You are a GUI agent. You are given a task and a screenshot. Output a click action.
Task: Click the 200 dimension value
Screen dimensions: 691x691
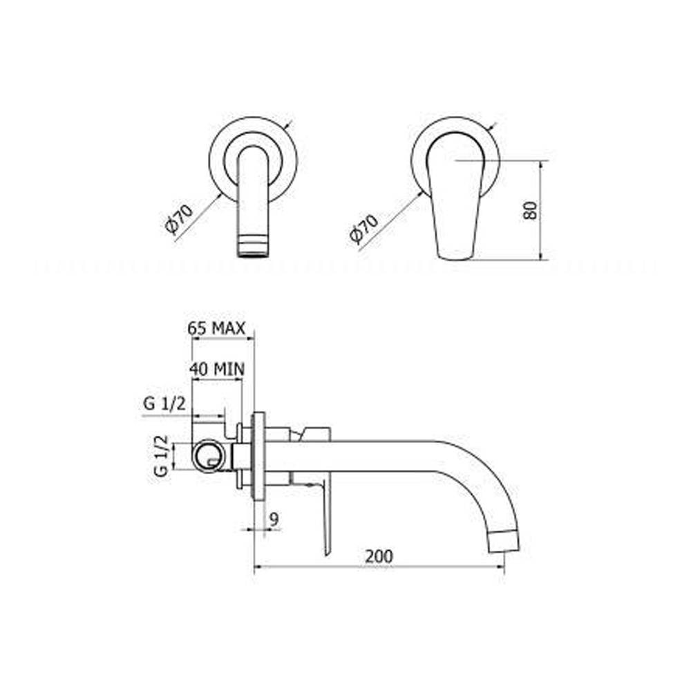coord(379,556)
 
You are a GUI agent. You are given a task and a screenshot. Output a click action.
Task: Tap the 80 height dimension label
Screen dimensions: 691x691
coord(530,211)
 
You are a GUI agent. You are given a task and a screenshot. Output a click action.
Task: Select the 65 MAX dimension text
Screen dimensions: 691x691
coord(216,328)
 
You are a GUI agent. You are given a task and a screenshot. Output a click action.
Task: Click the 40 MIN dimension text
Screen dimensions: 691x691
coord(217,369)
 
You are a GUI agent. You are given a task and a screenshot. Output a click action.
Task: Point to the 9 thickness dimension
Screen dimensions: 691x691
coord(274,520)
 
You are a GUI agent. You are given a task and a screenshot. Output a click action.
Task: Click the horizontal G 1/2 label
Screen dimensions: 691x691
coord(165,404)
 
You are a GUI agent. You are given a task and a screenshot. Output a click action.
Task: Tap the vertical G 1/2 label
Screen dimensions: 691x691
coord(161,455)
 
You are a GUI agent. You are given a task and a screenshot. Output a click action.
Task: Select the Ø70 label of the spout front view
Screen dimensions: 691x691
coord(179,218)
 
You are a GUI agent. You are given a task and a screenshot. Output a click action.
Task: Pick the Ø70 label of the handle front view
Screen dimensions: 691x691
coord(363,229)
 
